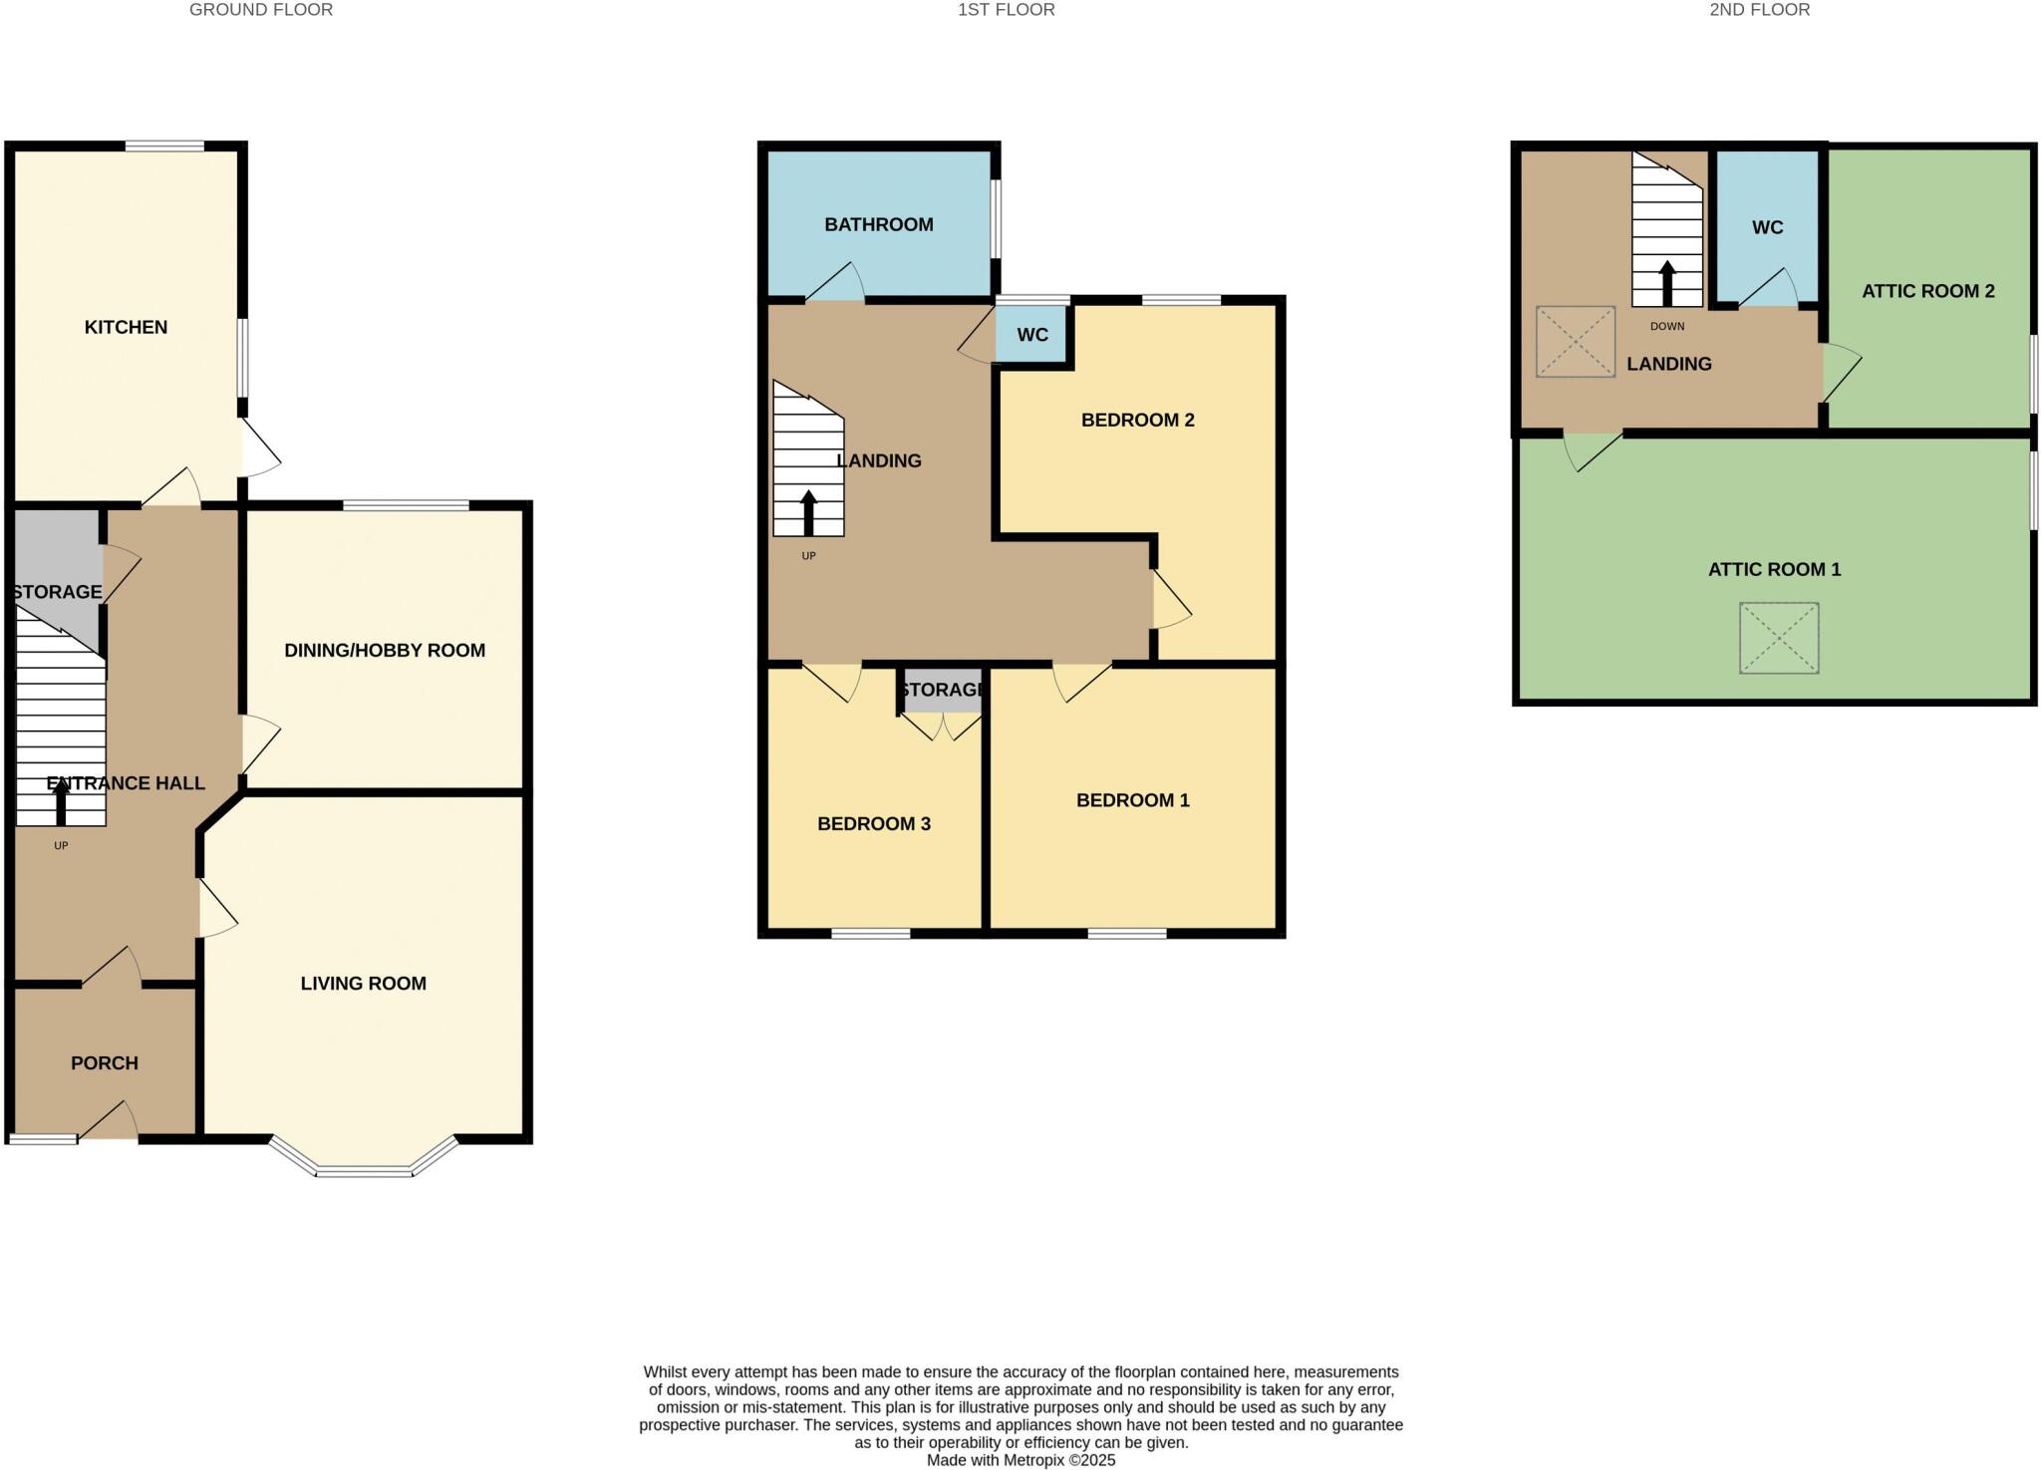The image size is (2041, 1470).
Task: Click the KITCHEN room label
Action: pyautogui.click(x=126, y=327)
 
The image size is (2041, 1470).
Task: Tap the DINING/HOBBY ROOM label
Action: pyautogui.click(x=385, y=650)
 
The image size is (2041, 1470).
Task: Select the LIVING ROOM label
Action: pyautogui.click(x=363, y=983)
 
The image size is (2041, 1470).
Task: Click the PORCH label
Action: pyautogui.click(x=104, y=1062)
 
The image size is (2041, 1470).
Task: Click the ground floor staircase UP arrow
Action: pyautogui.click(x=61, y=802)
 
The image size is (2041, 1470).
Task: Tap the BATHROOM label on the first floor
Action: pyautogui.click(x=878, y=224)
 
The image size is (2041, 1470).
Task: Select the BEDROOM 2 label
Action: pyautogui.click(x=1137, y=420)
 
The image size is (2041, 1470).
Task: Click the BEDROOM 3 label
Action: pyautogui.click(x=873, y=823)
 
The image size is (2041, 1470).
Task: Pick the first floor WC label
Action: pyautogui.click(x=1031, y=335)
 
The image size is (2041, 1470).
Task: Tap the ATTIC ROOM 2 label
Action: pyautogui.click(x=1927, y=291)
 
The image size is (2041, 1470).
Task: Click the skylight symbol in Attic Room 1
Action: pyautogui.click(x=1778, y=638)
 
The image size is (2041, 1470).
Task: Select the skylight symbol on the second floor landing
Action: pyautogui.click(x=1575, y=341)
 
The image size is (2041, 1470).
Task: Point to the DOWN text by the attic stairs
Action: pyautogui.click(x=1666, y=326)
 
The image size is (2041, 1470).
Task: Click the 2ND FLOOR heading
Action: pyautogui.click(x=1759, y=10)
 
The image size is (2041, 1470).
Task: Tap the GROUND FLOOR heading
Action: pyautogui.click(x=261, y=10)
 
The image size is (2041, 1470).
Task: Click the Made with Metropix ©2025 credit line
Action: pyautogui.click(x=1020, y=1460)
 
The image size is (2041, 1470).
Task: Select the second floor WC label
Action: pyautogui.click(x=1767, y=227)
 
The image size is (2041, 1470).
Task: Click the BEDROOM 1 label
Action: pyautogui.click(x=1132, y=800)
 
